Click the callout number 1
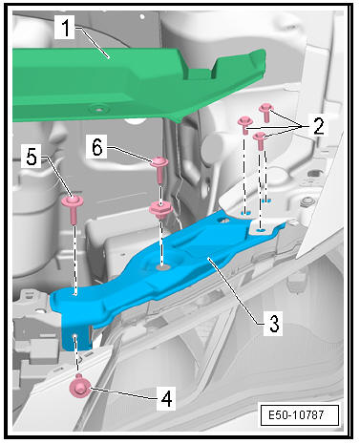click(65, 28)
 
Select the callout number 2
click(318, 126)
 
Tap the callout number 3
click(274, 324)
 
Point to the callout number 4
click(167, 398)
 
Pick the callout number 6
click(97, 147)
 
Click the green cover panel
click(127, 84)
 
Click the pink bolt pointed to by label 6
click(160, 169)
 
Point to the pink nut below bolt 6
click(161, 210)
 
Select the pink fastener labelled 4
click(79, 386)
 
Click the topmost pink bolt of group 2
click(266, 113)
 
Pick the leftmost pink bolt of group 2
click(245, 125)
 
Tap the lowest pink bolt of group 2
click(260, 140)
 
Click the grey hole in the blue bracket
click(162, 267)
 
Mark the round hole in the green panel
click(99, 110)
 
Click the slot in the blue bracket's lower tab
click(74, 337)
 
